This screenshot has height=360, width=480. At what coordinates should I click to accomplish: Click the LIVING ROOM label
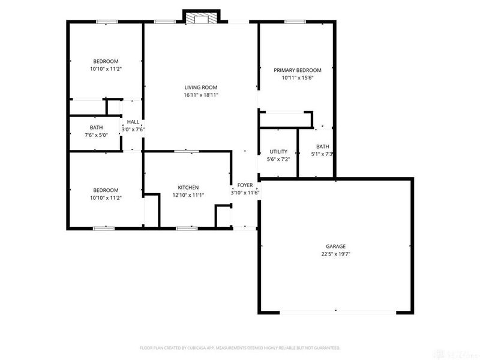200,87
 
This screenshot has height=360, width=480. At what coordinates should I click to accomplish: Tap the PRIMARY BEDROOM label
298,70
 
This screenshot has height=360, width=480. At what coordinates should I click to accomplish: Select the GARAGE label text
335,246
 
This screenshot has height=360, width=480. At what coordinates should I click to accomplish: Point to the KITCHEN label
188,187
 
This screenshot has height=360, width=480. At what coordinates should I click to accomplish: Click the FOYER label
245,185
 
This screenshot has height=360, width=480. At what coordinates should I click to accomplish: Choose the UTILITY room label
278,152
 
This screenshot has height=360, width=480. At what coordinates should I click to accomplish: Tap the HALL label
133,122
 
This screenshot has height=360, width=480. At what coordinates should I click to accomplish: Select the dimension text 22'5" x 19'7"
335,254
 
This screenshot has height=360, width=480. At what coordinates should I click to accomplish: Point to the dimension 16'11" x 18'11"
200,95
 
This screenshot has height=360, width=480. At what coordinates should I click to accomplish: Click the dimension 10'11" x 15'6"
298,78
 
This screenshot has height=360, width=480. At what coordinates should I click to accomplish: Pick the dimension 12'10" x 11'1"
188,195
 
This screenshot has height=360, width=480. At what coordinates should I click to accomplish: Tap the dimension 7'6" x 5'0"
97,136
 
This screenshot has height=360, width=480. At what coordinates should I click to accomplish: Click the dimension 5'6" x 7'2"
278,160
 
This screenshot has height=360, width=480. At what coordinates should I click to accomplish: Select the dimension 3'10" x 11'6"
245,193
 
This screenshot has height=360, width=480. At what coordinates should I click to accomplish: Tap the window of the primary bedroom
295,22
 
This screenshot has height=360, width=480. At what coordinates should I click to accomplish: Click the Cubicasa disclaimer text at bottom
240,348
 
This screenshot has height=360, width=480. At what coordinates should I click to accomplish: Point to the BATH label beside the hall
97,128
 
